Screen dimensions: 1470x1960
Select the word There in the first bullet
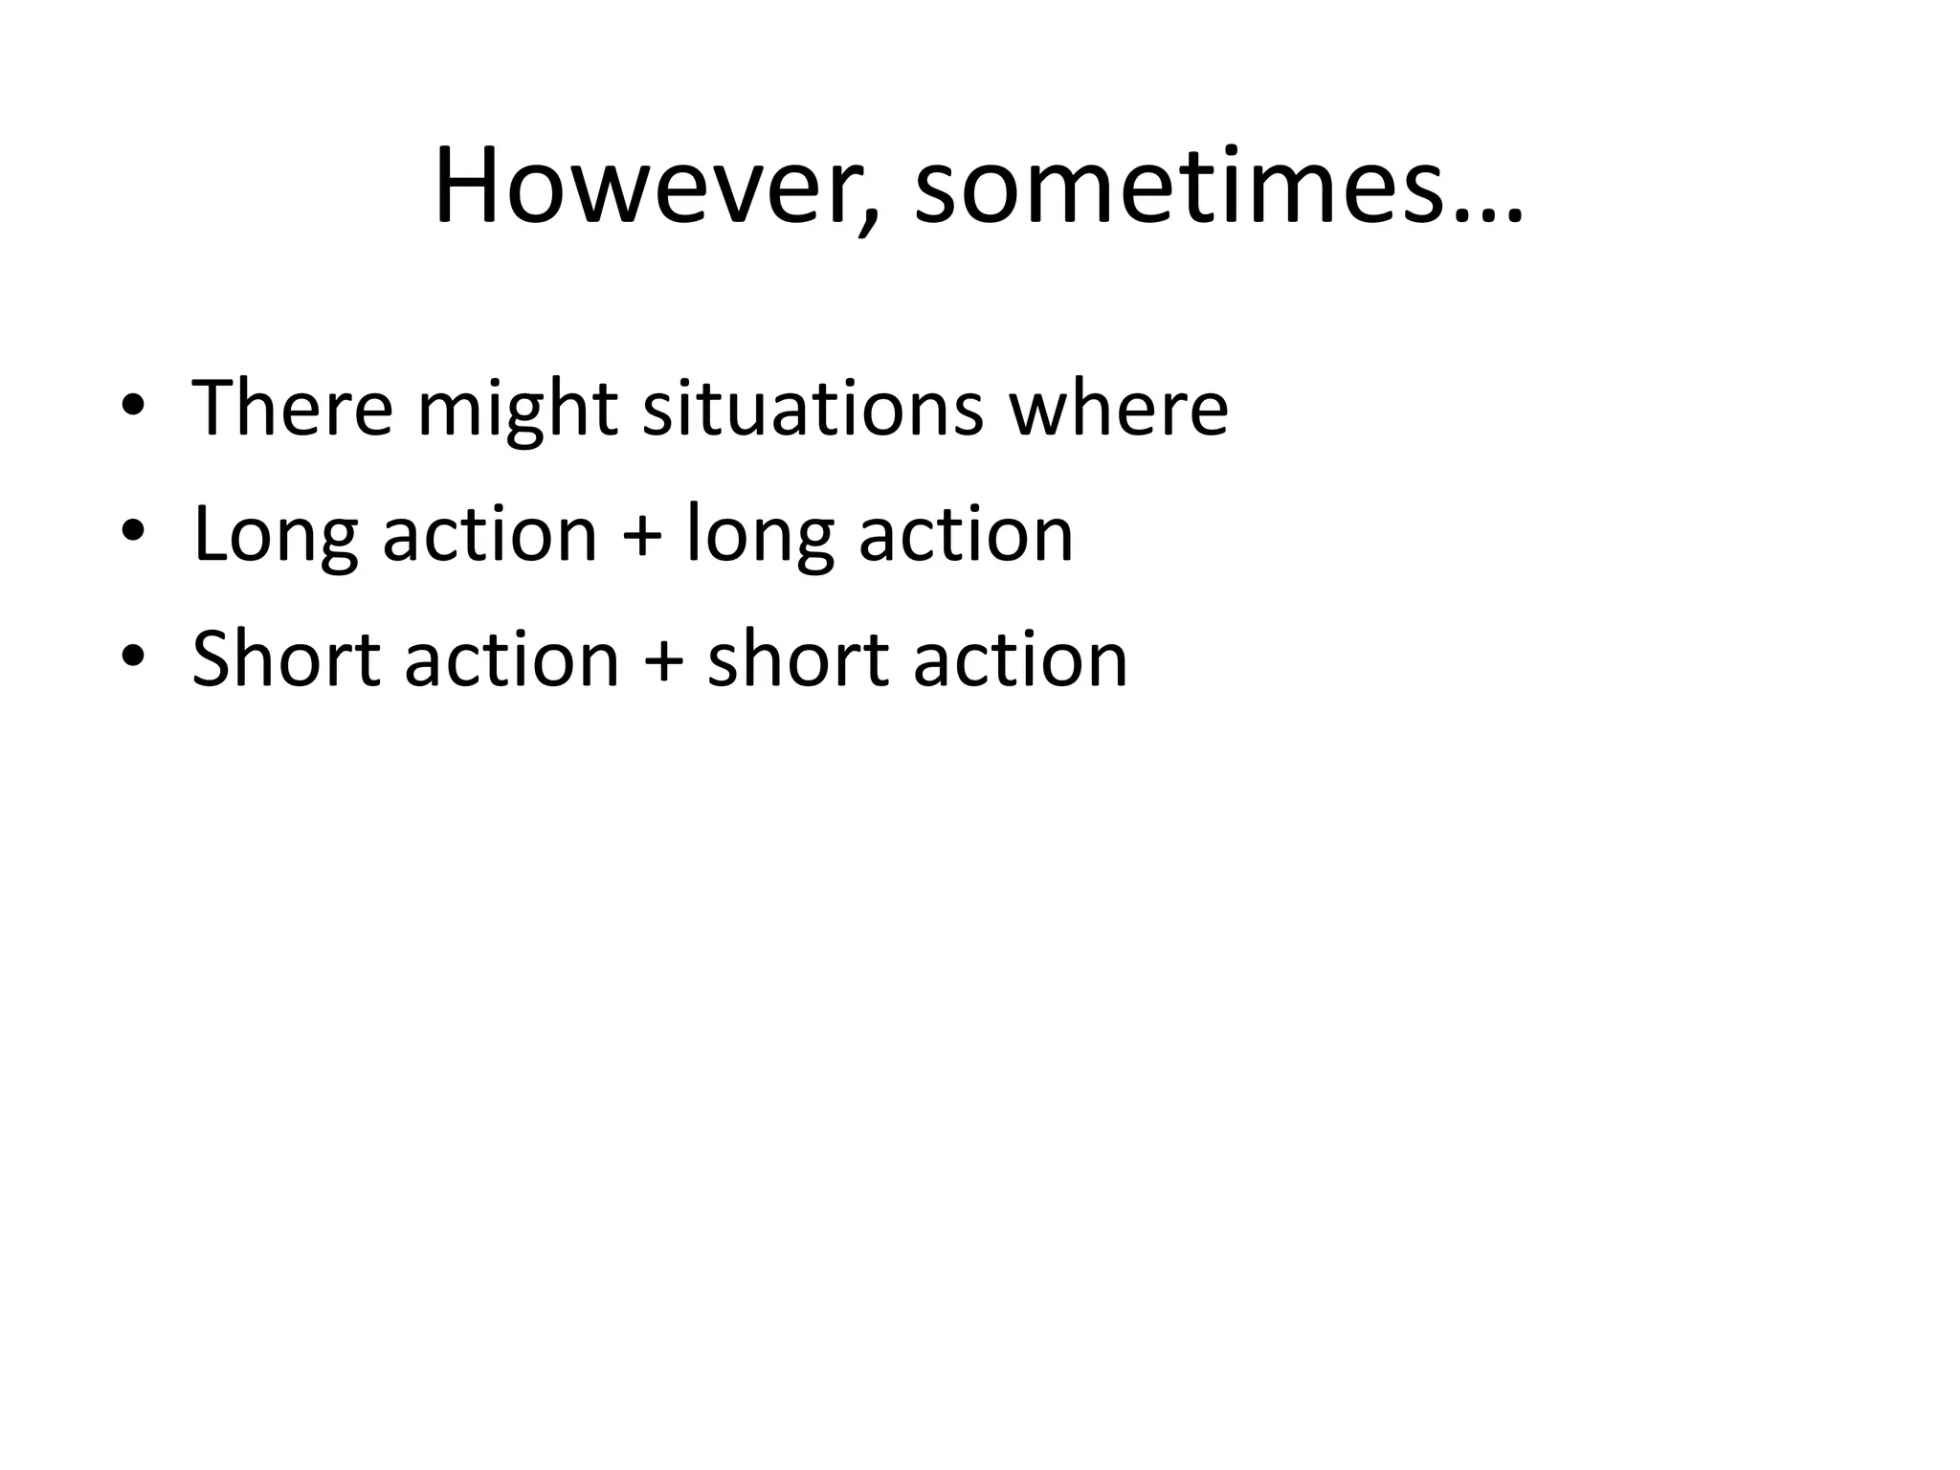coord(292,409)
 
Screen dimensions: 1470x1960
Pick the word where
coord(1118,409)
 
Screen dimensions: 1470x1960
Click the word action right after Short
coord(512,661)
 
